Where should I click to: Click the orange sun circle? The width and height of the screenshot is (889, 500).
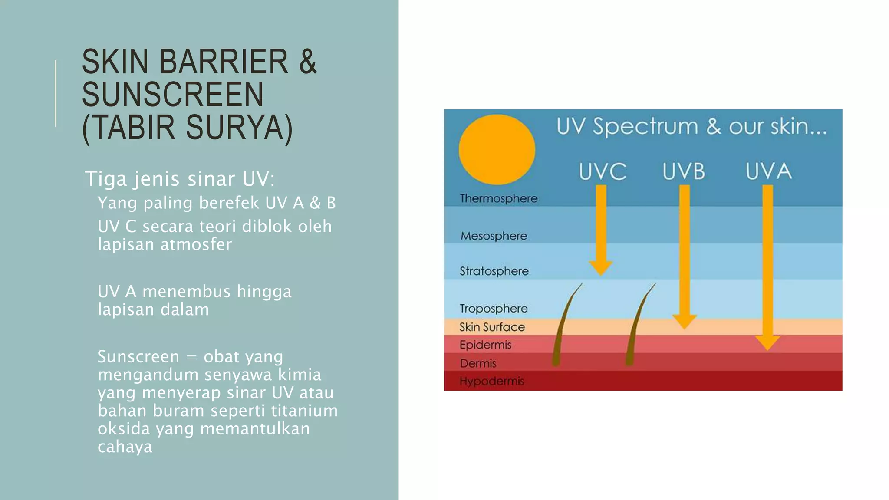497,150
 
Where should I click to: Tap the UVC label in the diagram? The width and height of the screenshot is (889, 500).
603,171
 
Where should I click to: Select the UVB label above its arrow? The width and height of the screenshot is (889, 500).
684,171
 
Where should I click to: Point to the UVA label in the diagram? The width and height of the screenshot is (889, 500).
768,171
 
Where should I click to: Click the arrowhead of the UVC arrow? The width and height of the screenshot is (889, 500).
601,267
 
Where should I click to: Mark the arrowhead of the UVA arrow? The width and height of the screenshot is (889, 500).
767,342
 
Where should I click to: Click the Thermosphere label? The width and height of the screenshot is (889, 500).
498,198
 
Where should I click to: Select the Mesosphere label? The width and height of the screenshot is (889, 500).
494,236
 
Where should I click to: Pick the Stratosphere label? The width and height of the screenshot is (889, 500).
494,271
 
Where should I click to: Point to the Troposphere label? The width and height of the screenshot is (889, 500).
494,309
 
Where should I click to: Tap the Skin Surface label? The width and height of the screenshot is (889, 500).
492,327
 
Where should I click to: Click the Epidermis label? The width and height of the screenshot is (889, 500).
485,345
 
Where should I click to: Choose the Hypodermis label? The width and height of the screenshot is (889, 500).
491,381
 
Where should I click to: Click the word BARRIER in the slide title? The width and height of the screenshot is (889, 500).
224,62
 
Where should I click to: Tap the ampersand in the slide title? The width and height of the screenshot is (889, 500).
308,62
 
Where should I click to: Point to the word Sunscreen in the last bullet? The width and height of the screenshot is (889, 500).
138,356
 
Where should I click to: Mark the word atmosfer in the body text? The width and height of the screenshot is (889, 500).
196,244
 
